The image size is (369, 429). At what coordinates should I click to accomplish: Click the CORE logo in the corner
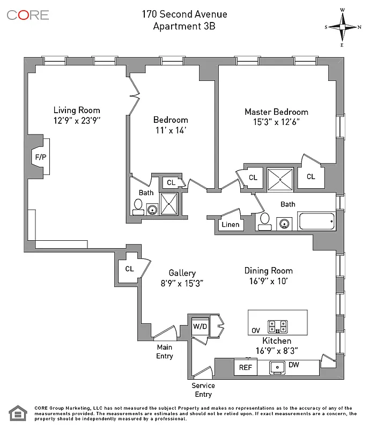[x=28, y=14]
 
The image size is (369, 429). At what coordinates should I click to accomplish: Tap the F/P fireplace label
[x=40, y=158]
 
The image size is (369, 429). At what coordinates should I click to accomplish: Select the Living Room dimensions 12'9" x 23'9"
[x=77, y=121]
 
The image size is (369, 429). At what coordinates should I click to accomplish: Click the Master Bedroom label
[x=276, y=112]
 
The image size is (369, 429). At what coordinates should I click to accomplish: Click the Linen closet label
[x=230, y=225]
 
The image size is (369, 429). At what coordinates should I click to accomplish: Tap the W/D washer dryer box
[x=200, y=326]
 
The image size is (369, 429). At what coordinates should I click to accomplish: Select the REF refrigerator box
[x=245, y=368]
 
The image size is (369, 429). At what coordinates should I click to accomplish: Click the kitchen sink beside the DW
[x=278, y=368]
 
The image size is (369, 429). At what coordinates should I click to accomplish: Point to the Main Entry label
[x=165, y=352]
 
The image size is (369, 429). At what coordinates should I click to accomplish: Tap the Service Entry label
[x=203, y=390]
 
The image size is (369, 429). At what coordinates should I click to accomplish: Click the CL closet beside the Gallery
[x=129, y=269]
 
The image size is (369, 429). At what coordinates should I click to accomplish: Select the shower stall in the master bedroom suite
[x=281, y=179]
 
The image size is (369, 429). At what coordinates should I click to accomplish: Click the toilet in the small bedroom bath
[x=138, y=207]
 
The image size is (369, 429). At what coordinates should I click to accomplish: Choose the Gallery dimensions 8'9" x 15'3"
[x=182, y=283]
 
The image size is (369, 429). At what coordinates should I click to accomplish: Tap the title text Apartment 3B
[x=184, y=26]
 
